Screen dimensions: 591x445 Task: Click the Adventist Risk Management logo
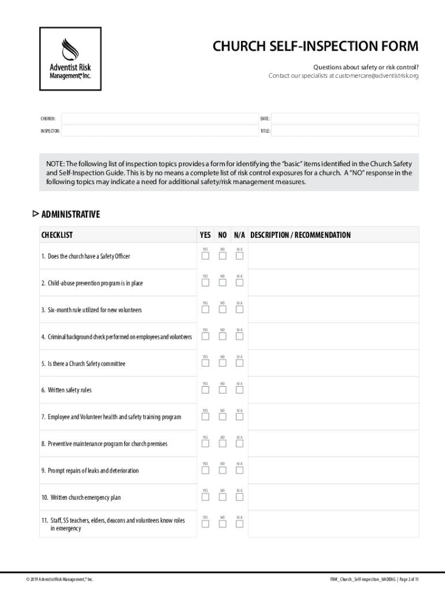(70, 59)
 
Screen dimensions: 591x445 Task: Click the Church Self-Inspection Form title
(316, 46)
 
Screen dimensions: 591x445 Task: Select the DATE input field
(344, 118)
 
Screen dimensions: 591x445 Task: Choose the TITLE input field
(344, 131)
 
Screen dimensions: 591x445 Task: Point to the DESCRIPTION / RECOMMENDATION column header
(300, 235)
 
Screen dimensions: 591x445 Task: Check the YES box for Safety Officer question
(205, 256)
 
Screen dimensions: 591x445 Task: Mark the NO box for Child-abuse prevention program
(222, 283)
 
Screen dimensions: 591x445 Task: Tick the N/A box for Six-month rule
(239, 309)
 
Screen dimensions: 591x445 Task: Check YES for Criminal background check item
(205, 336)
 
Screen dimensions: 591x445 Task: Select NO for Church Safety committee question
(222, 363)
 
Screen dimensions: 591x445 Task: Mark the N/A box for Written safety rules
(239, 390)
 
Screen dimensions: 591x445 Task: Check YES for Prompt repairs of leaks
(205, 470)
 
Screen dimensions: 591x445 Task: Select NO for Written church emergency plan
(222, 497)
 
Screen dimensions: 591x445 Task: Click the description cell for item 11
(334, 524)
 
